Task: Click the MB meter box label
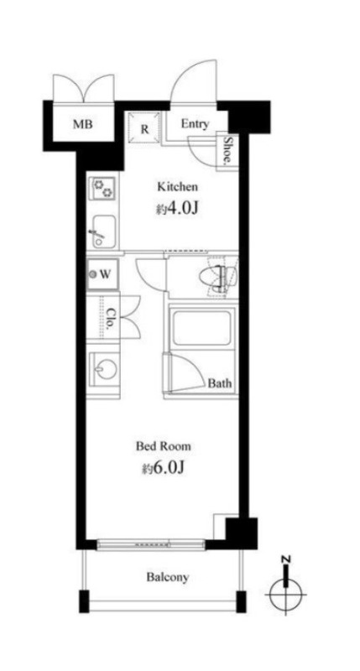83,124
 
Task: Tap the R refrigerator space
144,128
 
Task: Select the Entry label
196,124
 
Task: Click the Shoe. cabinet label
228,151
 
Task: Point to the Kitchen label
178,186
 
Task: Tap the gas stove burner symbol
102,188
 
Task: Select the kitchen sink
102,231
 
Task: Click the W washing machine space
102,275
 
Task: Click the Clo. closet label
110,318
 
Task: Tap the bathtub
202,327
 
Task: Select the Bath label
220,383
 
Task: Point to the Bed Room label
163,446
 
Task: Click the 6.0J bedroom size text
164,469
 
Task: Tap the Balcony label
167,577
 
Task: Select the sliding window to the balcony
151,544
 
